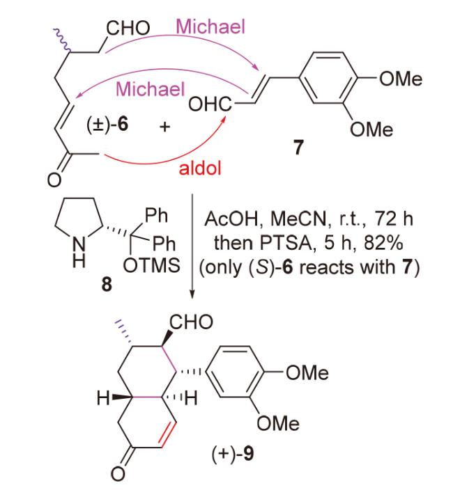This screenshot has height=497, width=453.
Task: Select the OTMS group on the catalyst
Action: [158, 266]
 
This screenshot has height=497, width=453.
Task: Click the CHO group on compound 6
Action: [128, 28]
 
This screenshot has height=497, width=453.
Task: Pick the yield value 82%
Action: [364, 245]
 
